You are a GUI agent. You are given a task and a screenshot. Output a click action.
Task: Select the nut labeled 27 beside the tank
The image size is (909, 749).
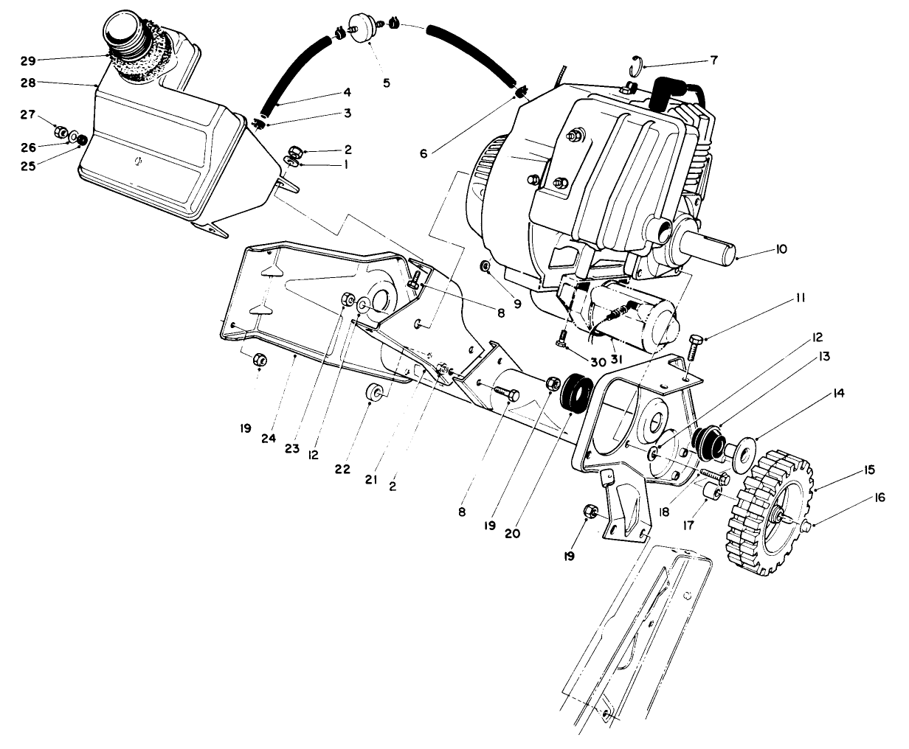click(60, 133)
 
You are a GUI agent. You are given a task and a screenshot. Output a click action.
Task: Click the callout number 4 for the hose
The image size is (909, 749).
click(326, 93)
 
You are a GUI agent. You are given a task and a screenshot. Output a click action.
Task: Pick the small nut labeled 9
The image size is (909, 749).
click(486, 265)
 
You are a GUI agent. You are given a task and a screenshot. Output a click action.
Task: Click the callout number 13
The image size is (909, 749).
click(823, 357)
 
